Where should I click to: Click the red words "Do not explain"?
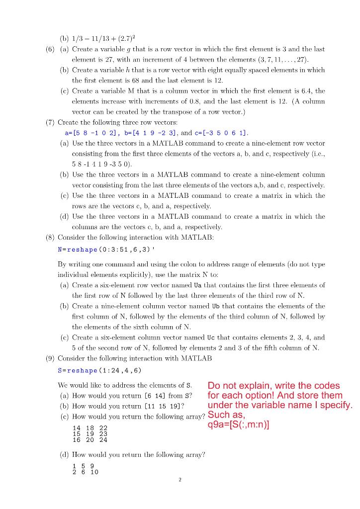point(239,386)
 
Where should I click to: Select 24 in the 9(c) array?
point(102,439)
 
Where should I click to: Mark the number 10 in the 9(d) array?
point(94,472)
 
